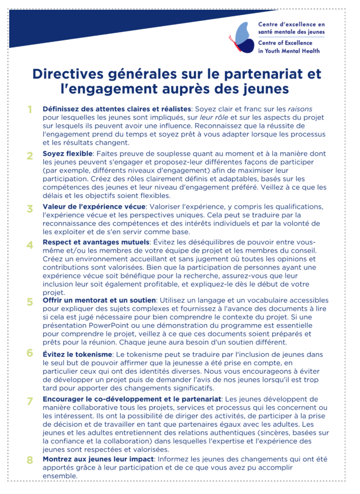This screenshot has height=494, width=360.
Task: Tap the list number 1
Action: click(30, 109)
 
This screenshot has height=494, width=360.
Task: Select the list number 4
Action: click(30, 244)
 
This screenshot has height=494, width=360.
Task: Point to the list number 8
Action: click(30, 460)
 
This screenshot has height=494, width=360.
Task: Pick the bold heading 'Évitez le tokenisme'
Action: click(77, 354)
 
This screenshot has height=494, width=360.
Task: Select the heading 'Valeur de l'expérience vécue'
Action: click(94, 207)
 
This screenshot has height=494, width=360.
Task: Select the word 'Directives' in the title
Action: click(68, 75)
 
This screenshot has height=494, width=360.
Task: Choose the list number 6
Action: click(30, 353)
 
